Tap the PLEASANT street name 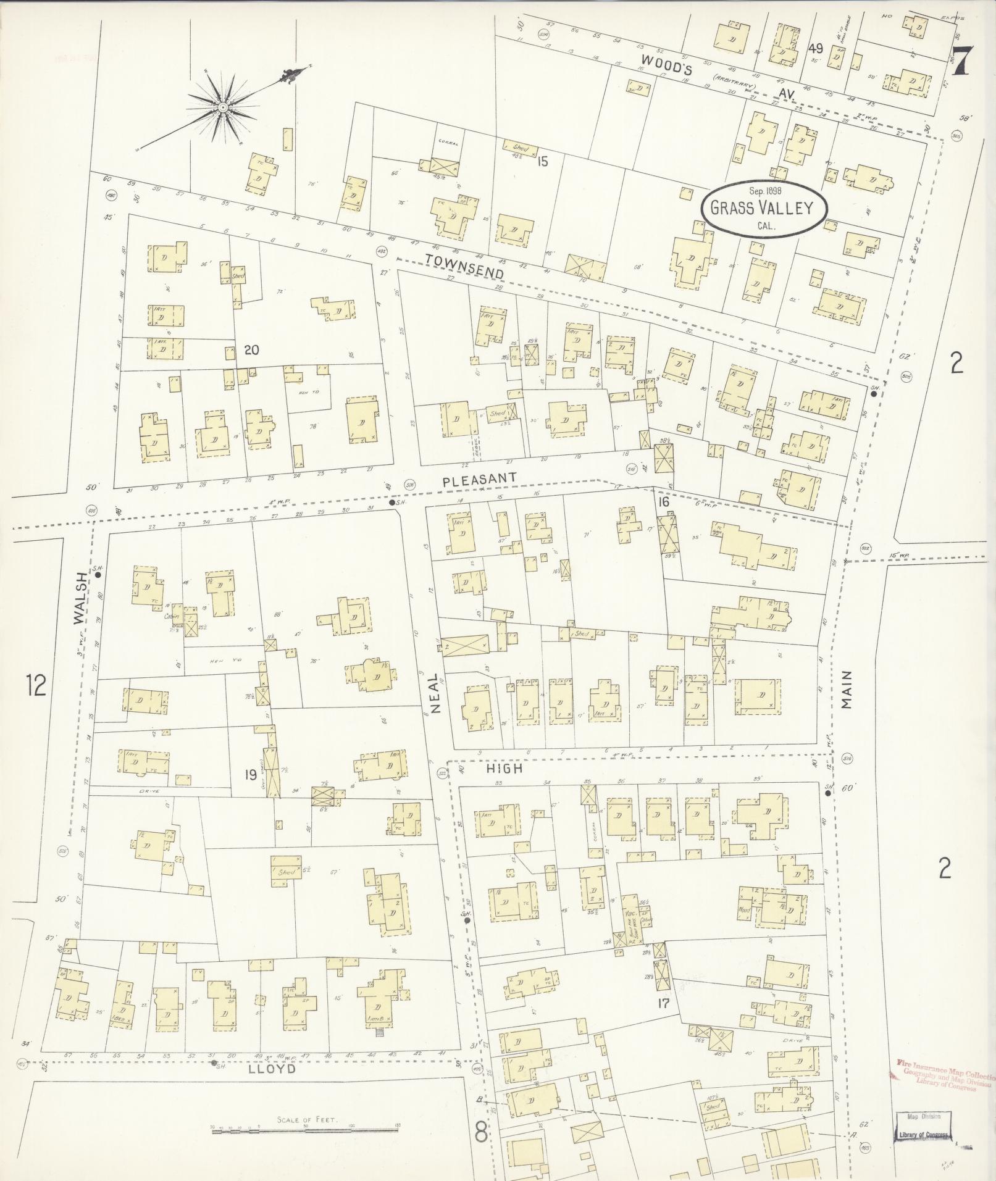[479, 478]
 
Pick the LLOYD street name [272, 1069]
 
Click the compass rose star [221, 108]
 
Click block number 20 [251, 350]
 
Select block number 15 [543, 162]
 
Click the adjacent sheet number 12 [36, 685]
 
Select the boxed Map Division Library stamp [924, 1126]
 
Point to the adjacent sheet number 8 [480, 1132]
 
